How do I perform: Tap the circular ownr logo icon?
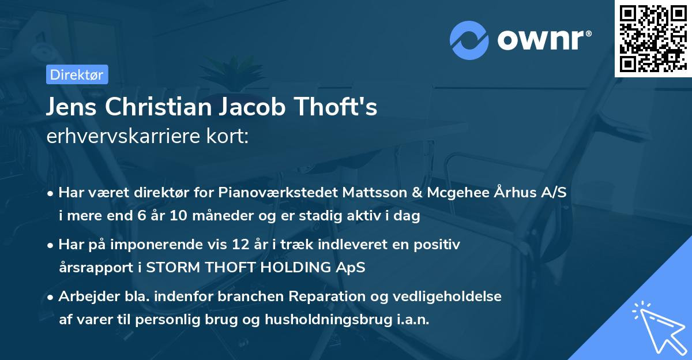coord(469,40)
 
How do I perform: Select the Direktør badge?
coord(77,74)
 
